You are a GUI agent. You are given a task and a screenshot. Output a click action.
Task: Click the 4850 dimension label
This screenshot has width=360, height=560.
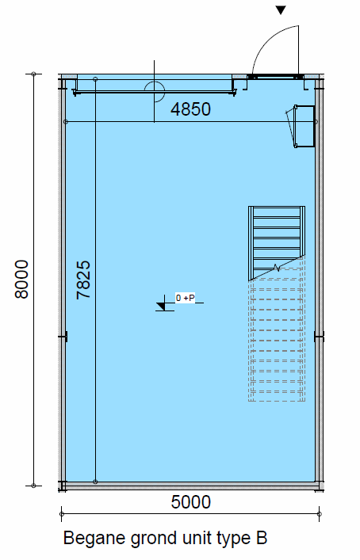tap(190, 109)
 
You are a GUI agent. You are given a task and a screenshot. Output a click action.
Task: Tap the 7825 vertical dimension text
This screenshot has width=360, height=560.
tap(83, 280)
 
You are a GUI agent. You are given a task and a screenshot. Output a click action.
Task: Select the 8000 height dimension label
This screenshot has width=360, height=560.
tap(21, 279)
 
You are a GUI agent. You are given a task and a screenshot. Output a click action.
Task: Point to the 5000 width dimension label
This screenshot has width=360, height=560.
tap(190, 502)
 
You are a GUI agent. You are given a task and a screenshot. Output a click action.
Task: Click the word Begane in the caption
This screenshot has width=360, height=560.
tap(94, 539)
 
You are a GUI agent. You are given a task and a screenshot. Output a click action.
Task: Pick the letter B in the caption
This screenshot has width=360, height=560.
tap(262, 538)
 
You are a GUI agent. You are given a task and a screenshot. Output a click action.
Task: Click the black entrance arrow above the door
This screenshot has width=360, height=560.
tap(281, 10)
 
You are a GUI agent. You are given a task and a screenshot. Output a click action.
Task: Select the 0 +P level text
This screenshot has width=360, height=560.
tap(186, 298)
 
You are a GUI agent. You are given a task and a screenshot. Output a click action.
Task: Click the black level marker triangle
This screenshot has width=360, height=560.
tap(161, 306)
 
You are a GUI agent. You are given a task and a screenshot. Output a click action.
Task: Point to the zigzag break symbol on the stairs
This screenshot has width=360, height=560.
tap(277, 268)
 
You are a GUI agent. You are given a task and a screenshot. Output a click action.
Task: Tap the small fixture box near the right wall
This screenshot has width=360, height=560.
tap(304, 126)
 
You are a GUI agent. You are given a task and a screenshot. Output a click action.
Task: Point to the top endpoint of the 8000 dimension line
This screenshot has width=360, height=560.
tap(33, 74)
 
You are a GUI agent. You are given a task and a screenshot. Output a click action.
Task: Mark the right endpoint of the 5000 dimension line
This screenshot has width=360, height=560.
tap(320, 514)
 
